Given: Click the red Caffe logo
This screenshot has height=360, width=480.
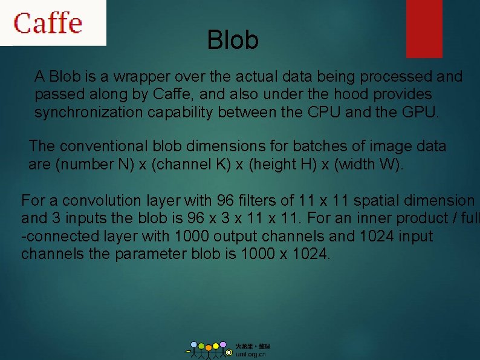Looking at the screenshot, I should coord(48,23).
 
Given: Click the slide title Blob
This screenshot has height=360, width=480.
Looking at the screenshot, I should coord(233,41).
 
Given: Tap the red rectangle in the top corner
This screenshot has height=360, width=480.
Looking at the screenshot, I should coord(424,28).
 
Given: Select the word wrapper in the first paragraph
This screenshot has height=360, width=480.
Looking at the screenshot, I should coord(140,77).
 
